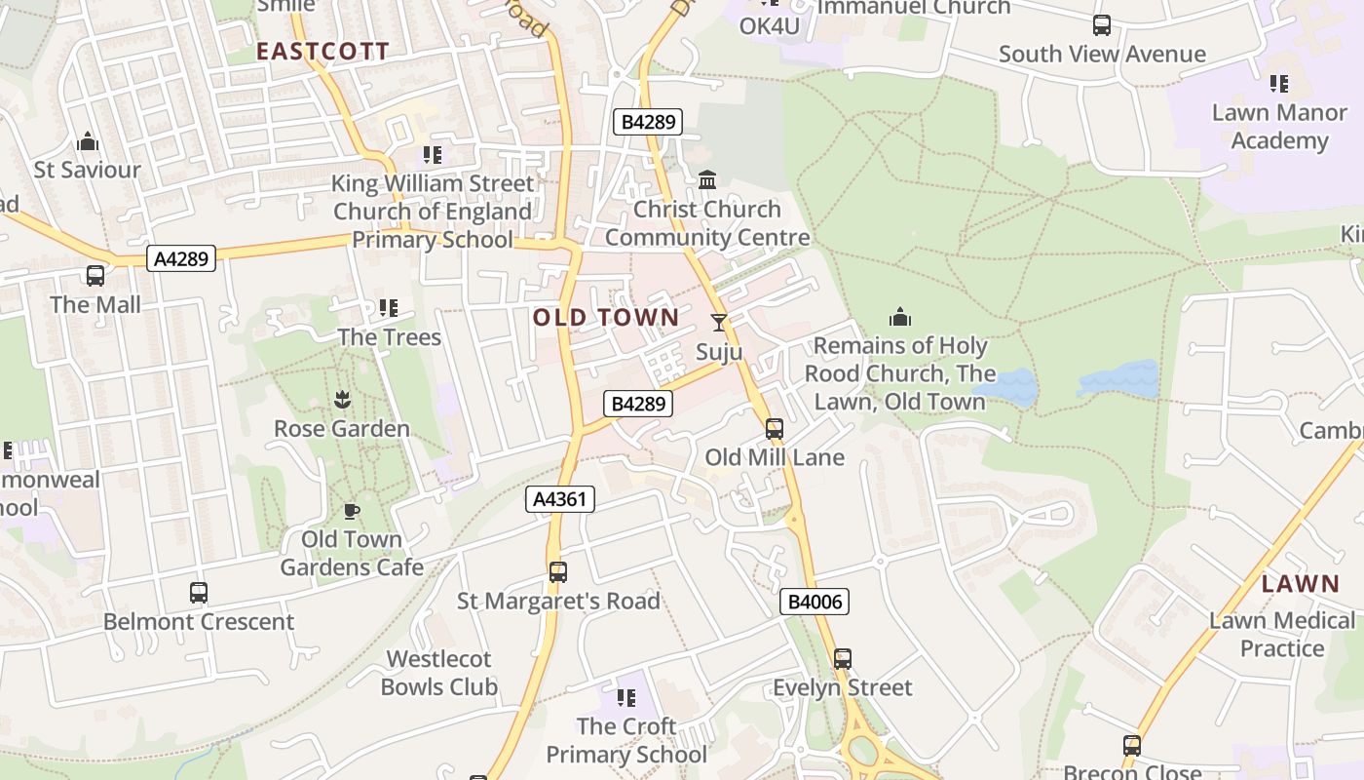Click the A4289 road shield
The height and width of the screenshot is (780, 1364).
[181, 258]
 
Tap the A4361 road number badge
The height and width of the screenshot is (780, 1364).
[560, 500]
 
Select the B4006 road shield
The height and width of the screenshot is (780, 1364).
[815, 602]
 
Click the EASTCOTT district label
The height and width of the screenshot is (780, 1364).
[322, 52]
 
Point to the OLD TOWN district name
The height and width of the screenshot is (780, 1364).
[606, 317]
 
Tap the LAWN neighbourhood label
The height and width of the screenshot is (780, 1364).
[1301, 584]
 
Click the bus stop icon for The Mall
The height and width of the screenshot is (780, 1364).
[95, 276]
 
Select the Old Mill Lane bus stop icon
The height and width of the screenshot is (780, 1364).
[775, 429]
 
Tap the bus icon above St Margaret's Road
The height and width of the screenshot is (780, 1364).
[557, 572]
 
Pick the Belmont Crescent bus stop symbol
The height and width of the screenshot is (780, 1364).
[199, 593]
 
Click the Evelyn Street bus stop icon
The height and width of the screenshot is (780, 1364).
[843, 659]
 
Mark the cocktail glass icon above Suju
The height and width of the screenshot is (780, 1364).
[719, 323]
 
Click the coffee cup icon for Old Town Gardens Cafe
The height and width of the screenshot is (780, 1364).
[352, 511]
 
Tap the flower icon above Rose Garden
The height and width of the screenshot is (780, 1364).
[342, 399]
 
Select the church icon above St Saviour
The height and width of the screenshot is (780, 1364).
[88, 141]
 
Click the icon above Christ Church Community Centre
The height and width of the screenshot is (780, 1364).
[707, 180]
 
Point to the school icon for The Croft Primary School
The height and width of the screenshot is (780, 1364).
[625, 697]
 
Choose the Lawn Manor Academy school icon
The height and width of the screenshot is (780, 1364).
[1279, 84]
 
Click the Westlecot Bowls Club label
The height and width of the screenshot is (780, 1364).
[439, 673]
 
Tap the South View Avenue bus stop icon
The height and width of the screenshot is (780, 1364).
[1102, 25]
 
